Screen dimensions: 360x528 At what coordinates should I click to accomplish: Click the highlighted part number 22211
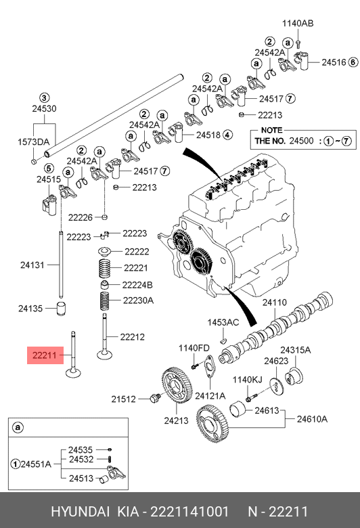coord(44,355)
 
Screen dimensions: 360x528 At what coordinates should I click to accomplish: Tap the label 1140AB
coord(298,23)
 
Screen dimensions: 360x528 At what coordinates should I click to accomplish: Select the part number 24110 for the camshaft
coord(275,303)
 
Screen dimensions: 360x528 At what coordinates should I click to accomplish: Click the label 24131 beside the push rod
coord(32,265)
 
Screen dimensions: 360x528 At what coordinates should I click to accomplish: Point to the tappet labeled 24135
coord(61,309)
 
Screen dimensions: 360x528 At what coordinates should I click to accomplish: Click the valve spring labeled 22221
coord(105,268)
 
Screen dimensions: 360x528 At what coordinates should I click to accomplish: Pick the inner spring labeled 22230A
coord(105,301)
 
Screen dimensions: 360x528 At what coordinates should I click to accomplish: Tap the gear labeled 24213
coord(177,386)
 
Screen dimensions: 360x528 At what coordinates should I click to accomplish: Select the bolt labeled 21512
coord(155,398)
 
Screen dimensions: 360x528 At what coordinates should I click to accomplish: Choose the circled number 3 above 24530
coord(45,98)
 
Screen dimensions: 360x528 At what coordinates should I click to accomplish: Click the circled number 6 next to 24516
coord(353,62)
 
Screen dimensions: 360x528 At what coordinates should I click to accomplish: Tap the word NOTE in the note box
coord(272,130)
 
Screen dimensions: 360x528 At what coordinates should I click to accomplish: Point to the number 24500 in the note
coord(301,141)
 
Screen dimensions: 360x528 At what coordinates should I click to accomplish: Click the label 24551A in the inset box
coord(36,464)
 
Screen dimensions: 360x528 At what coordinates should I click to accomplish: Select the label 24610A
coord(312,419)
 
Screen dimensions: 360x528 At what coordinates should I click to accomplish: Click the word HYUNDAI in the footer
coord(80,512)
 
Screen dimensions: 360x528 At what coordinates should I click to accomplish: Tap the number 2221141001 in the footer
coord(189,512)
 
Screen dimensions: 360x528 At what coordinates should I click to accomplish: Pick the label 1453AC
coord(223,322)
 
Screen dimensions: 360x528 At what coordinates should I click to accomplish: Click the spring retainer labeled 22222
coord(105,252)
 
